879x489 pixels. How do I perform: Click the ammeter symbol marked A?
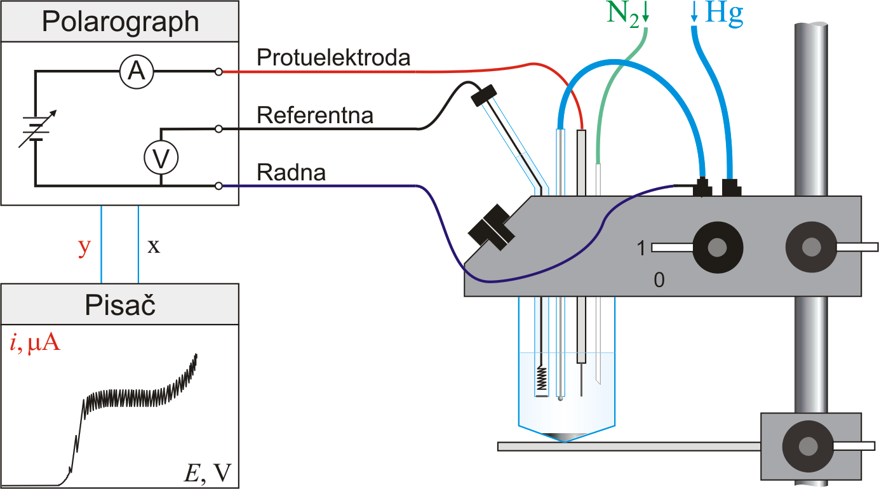pyautogui.click(x=137, y=71)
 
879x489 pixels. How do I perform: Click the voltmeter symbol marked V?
pyautogui.click(x=161, y=157)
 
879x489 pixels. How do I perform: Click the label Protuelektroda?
pyautogui.click(x=333, y=58)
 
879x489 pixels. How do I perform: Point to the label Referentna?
pyautogui.click(x=315, y=116)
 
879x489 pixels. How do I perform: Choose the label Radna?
pyautogui.click(x=291, y=172)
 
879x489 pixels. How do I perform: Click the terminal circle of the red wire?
pyautogui.click(x=219, y=72)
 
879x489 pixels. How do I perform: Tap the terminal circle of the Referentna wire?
pyautogui.click(x=219, y=129)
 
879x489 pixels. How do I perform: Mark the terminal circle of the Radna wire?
pyautogui.click(x=219, y=186)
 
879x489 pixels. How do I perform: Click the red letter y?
pyautogui.click(x=84, y=247)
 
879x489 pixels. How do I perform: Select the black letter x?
pyautogui.click(x=154, y=246)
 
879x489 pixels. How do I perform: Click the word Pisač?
pyautogui.click(x=120, y=305)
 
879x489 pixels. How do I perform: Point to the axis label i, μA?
pyautogui.click(x=35, y=343)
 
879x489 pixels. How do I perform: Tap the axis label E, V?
pyautogui.click(x=208, y=473)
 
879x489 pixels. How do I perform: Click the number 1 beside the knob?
pyautogui.click(x=641, y=248)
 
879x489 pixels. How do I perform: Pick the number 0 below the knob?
pyautogui.click(x=659, y=280)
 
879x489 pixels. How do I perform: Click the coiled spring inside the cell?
pyautogui.click(x=542, y=379)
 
